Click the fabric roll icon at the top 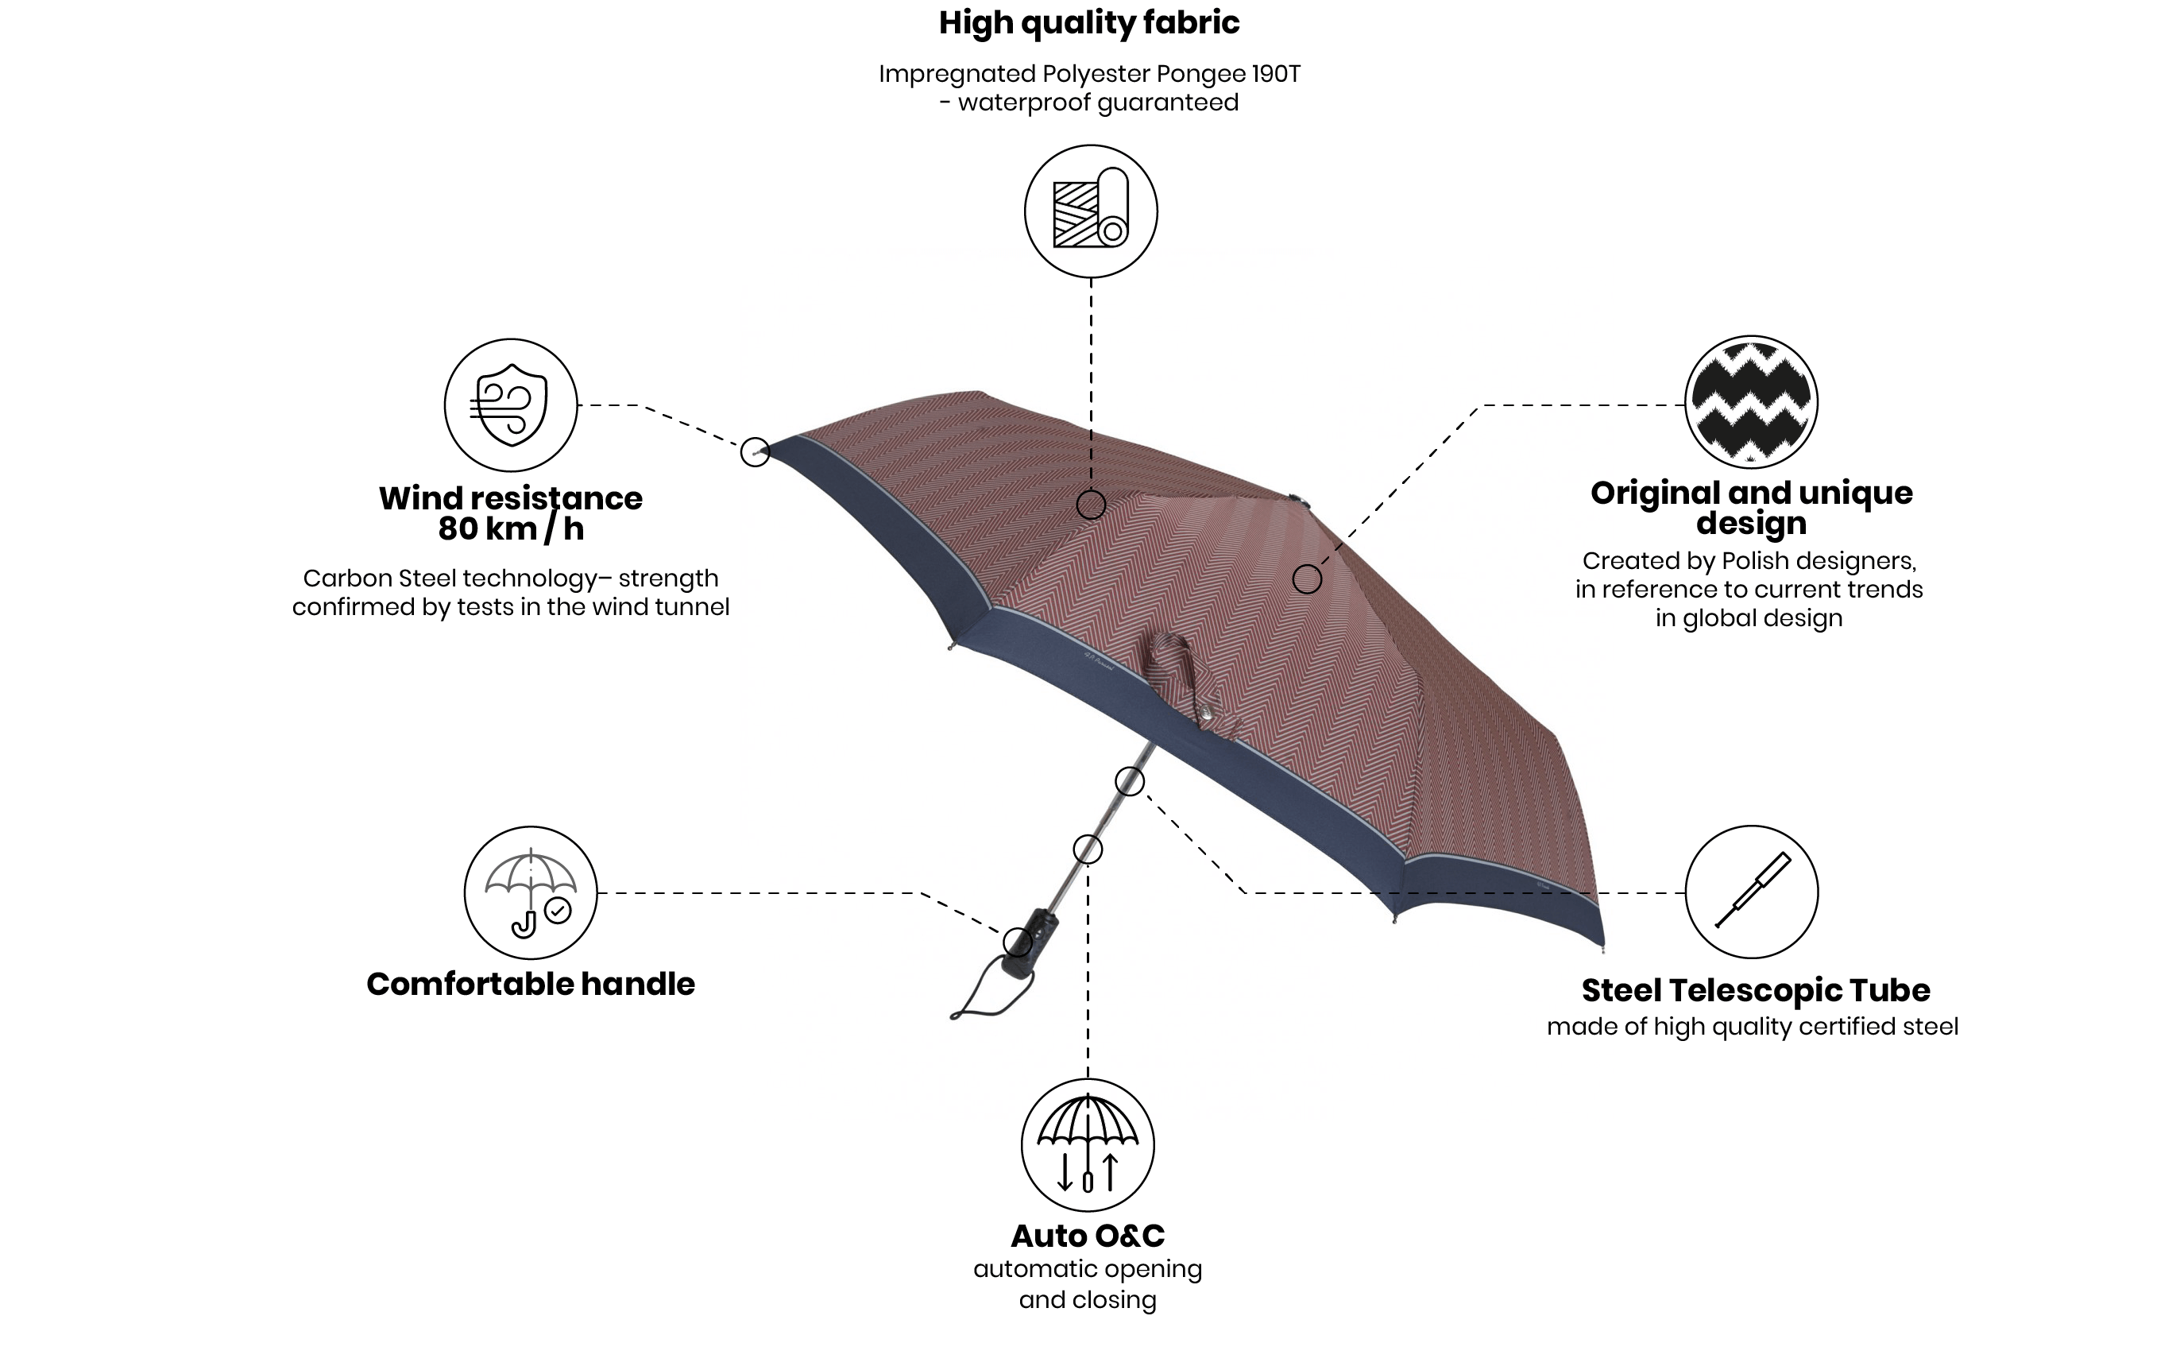coord(1090,211)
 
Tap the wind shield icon coord(511,404)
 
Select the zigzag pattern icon coord(1751,401)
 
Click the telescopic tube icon coord(1752,891)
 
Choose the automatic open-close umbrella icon coord(1088,1144)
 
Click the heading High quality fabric coord(1089,22)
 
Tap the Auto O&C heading coord(1088,1235)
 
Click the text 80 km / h coord(511,528)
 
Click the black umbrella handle coord(1030,942)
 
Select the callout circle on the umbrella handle coord(1018,942)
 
